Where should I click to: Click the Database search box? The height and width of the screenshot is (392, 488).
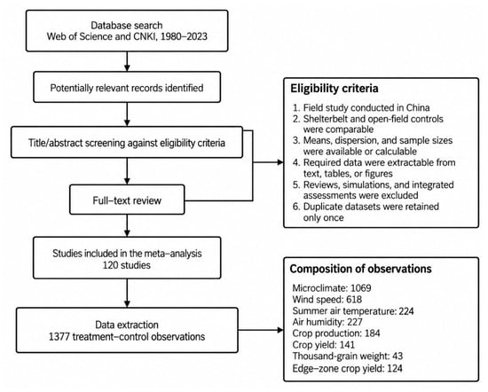click(127, 31)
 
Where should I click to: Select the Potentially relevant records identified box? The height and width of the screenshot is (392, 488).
click(127, 87)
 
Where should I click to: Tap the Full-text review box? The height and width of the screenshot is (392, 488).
click(127, 200)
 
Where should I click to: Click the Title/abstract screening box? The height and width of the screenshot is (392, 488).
click(127, 142)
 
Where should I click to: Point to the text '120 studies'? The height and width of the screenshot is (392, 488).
click(127, 265)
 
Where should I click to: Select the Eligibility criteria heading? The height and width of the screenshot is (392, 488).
click(335, 89)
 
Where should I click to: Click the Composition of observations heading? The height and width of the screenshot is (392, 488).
click(361, 269)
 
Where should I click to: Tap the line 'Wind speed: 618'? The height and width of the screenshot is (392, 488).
click(327, 299)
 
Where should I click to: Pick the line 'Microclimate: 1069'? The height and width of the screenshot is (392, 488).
click(332, 287)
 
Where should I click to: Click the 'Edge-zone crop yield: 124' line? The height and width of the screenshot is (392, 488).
click(347, 368)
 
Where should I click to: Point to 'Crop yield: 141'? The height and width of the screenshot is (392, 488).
click(324, 344)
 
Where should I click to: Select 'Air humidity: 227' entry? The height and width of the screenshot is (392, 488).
click(327, 322)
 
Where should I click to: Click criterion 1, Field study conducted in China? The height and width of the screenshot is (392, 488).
click(361, 107)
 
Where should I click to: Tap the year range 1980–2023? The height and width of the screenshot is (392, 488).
click(184, 36)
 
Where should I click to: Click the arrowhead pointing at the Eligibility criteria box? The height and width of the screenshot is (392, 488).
click(280, 162)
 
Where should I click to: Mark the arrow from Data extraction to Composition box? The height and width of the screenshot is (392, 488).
click(261, 330)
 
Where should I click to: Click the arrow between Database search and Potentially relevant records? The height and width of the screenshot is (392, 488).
click(127, 61)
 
